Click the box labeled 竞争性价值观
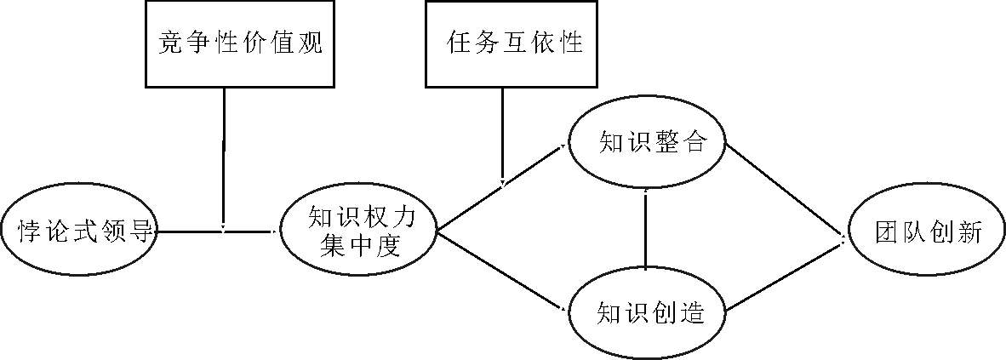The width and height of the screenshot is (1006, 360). pyautogui.click(x=241, y=44)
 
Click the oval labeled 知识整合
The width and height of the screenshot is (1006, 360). pyautogui.click(x=647, y=143)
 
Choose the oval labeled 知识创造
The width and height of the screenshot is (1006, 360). pyautogui.click(x=647, y=311)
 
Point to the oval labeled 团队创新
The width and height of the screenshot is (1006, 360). pyautogui.click(x=926, y=231)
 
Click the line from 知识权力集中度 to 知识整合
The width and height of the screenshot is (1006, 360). pyautogui.click(x=502, y=189)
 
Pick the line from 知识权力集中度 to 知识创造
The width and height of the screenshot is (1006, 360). pyautogui.click(x=502, y=270)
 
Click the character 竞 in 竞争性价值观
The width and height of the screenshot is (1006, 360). pyautogui.click(x=169, y=44)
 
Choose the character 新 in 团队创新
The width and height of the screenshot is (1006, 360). pyautogui.click(x=969, y=231)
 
